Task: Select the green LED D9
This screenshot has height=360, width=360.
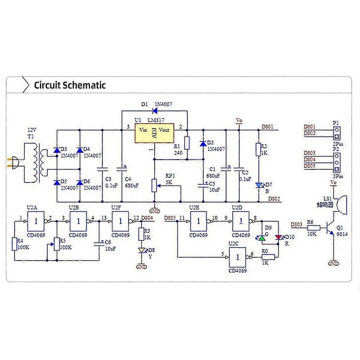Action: (x=262, y=238)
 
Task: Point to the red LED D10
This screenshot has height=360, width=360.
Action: (x=278, y=238)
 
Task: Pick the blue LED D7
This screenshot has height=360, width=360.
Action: (x=259, y=185)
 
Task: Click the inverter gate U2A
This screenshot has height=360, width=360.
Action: (x=36, y=221)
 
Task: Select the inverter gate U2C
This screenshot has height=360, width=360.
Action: (x=238, y=257)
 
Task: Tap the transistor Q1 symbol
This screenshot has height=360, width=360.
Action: (x=330, y=228)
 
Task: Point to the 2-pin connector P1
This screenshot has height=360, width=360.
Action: (x=337, y=133)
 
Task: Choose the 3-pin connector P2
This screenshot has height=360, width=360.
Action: (x=337, y=163)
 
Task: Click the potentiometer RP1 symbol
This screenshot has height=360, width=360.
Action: (x=154, y=185)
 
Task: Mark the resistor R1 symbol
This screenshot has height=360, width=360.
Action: (x=187, y=143)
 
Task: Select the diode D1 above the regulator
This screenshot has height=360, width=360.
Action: (x=155, y=111)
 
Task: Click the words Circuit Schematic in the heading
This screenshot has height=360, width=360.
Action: (x=70, y=85)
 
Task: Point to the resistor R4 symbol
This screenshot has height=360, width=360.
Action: (x=15, y=244)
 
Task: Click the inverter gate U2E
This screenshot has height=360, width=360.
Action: (x=198, y=221)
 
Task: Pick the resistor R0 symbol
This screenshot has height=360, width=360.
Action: (x=268, y=257)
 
